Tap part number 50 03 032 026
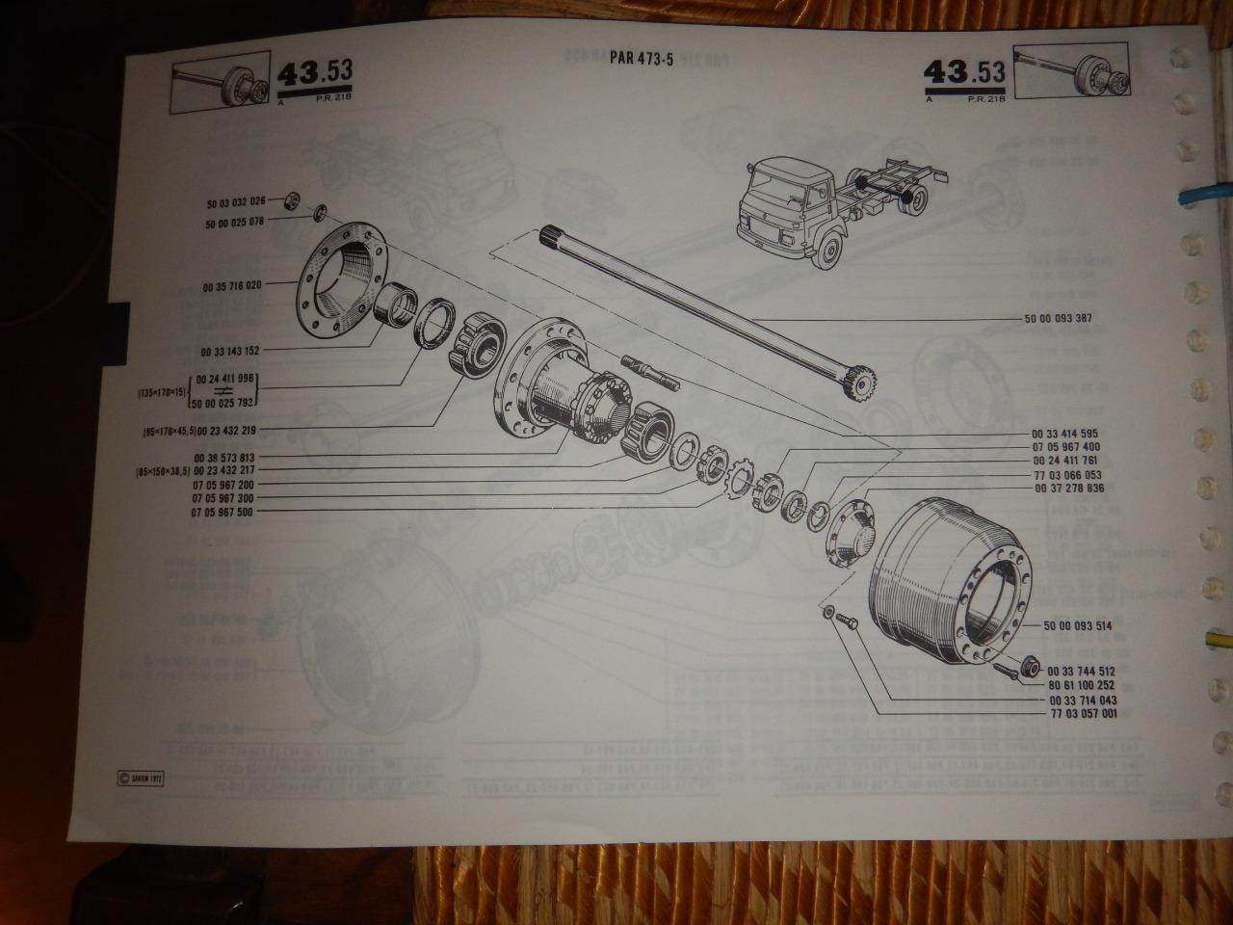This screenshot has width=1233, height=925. coord(235,203)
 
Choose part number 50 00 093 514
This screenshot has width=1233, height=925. coord(1076,626)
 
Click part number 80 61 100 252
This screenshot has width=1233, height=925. coord(1076,685)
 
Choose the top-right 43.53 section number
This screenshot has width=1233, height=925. coord(964,74)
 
